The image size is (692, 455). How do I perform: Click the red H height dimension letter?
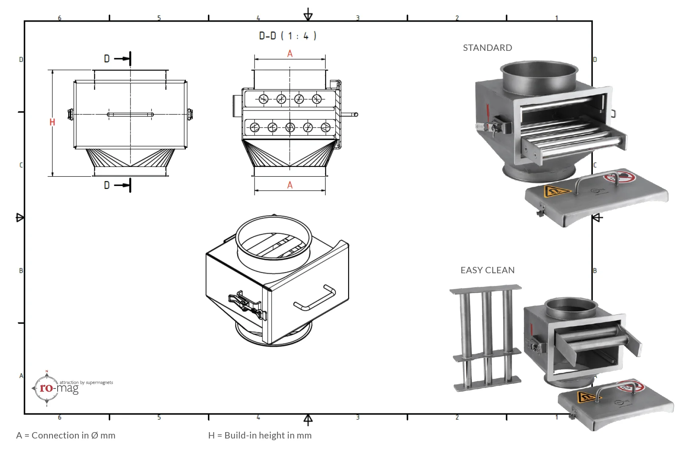(52, 122)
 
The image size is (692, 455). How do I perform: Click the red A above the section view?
(290, 54)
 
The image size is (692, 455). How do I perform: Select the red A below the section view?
(290, 185)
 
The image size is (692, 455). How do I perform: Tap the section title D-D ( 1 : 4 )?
(288, 36)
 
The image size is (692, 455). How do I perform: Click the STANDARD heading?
(487, 48)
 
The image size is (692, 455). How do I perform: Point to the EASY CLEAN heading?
(487, 270)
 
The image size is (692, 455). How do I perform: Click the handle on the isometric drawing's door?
(314, 298)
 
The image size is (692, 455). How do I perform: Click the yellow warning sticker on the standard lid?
(556, 191)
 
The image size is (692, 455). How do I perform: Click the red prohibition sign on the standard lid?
(620, 177)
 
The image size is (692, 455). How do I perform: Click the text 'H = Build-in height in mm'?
(260, 436)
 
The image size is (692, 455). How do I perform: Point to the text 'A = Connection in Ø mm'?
(66, 436)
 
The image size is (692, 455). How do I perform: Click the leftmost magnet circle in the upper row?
(263, 99)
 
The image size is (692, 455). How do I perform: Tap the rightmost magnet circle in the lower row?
(325, 127)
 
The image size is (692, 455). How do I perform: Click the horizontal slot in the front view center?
(130, 114)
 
